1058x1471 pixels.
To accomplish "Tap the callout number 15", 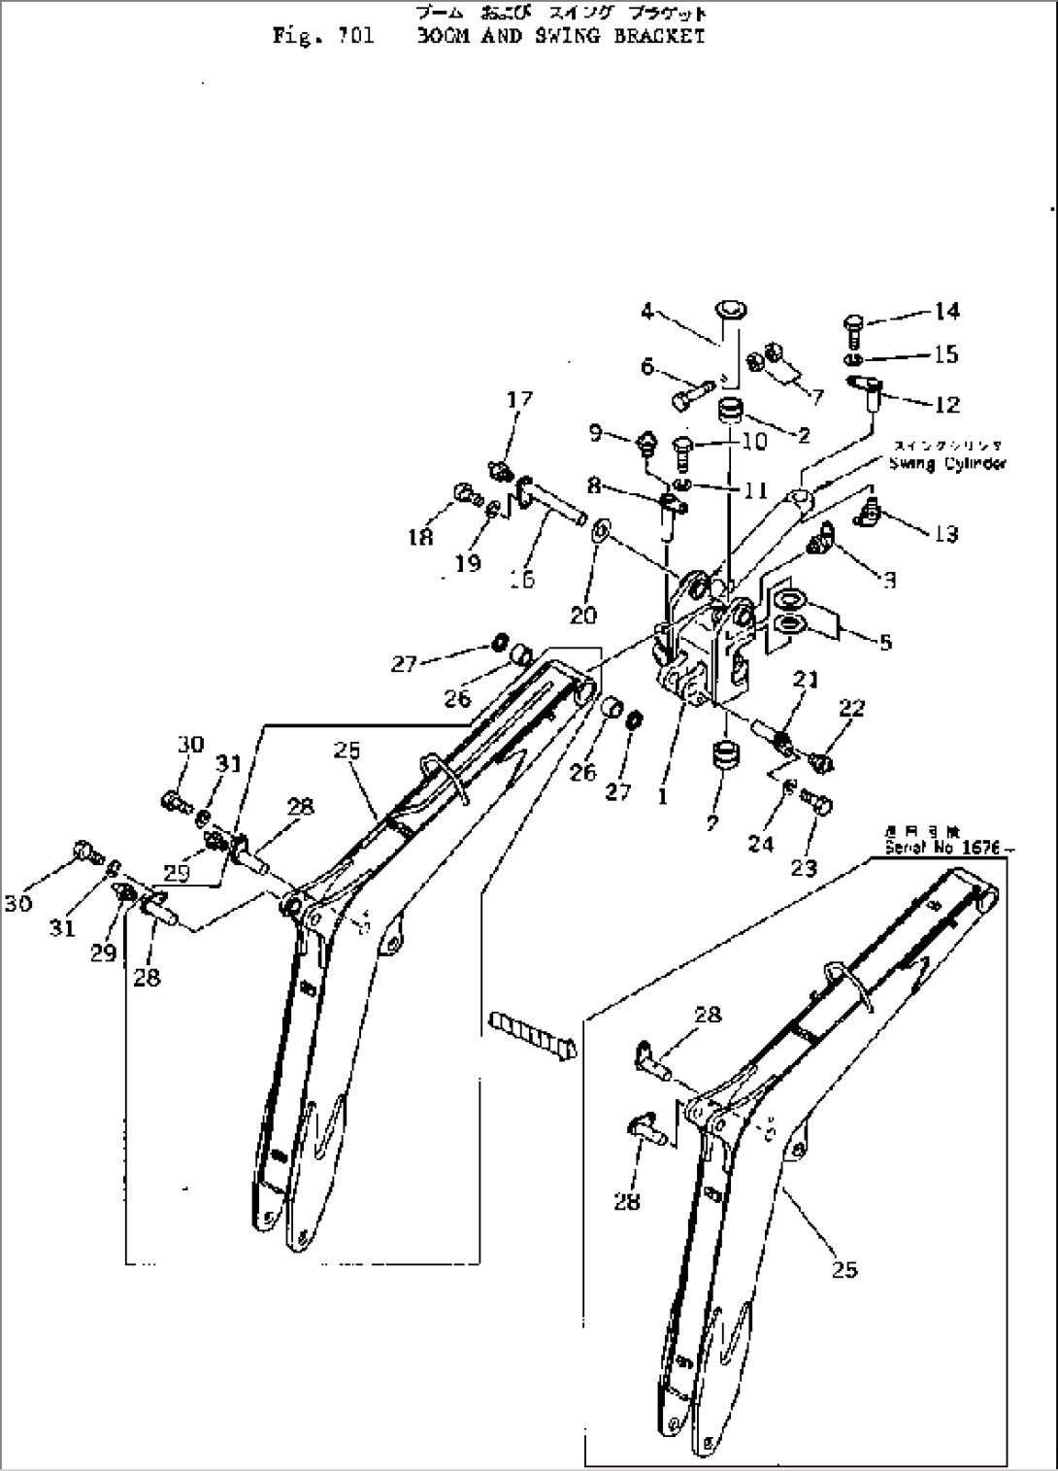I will click(946, 354).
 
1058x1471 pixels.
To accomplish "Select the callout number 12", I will click(946, 404).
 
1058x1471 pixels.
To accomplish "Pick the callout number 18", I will click(420, 535).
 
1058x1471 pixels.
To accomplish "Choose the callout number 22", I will click(851, 709).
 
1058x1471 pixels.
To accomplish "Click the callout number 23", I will click(804, 867).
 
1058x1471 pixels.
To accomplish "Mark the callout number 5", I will click(885, 642).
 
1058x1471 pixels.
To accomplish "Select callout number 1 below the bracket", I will click(662, 796).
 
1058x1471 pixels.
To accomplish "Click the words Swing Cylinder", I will click(946, 464).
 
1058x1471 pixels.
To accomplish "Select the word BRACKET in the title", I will click(659, 37).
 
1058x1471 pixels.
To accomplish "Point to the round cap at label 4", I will click(731, 312).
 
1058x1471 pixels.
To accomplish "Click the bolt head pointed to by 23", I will click(817, 803).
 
